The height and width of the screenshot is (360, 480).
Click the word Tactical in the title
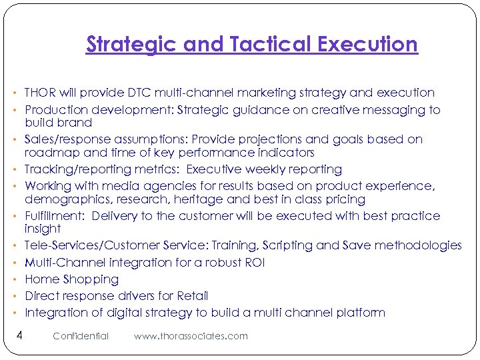(272, 45)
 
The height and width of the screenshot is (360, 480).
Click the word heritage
(205, 199)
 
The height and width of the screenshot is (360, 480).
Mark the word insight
(43, 229)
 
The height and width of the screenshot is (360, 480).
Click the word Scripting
(288, 245)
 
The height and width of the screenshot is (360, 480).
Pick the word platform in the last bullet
(360, 312)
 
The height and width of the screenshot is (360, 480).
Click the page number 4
(19, 335)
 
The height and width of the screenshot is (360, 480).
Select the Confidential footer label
(81, 336)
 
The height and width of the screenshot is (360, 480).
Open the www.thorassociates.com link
(191, 336)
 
